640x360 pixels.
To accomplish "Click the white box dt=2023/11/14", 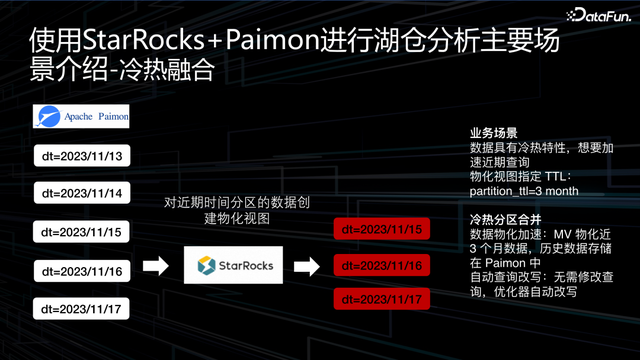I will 80,192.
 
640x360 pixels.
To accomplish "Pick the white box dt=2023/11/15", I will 80,231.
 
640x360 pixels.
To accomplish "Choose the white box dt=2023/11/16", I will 80,270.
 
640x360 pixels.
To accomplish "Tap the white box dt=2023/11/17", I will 80,308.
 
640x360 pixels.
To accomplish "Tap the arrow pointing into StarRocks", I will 158,266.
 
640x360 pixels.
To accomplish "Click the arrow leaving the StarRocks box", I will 310,266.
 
